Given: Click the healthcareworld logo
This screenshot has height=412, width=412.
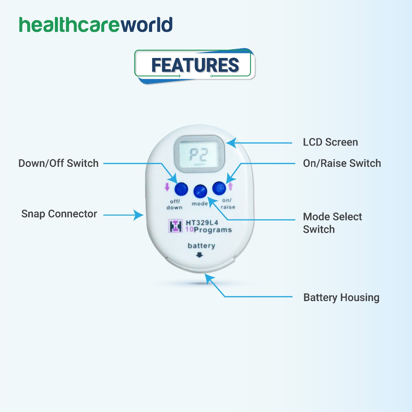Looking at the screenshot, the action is point(96,25).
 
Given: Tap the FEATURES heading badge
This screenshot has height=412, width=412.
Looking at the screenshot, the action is point(195,66).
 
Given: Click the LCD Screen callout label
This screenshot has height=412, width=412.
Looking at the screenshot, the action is point(330,142).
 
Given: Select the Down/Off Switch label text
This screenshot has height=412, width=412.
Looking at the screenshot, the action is point(58,163).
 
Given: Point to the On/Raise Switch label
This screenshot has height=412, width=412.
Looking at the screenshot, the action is point(342,163).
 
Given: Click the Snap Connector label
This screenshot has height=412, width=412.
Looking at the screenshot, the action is point(59,214).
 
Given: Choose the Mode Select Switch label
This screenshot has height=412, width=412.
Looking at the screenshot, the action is point(332,223).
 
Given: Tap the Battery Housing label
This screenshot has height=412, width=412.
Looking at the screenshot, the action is point(341,298).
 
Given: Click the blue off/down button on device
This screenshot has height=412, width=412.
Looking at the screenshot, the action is point(181,189).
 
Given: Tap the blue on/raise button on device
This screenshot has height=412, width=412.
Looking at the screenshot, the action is point(219,188).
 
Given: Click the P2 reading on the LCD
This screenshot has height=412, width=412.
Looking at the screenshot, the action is point(199,155).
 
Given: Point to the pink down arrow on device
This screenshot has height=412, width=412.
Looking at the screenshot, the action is point(167,187).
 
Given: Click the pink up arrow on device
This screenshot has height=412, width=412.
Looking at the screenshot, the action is point(230,186).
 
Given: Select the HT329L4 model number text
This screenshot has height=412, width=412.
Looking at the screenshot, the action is point(202,223).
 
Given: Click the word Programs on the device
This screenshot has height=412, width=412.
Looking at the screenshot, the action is point(213,230).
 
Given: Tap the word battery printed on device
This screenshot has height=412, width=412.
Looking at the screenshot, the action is point(202,246).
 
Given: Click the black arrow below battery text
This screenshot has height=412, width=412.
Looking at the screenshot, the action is point(199,255).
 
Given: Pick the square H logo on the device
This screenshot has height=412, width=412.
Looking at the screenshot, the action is point(175,226).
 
